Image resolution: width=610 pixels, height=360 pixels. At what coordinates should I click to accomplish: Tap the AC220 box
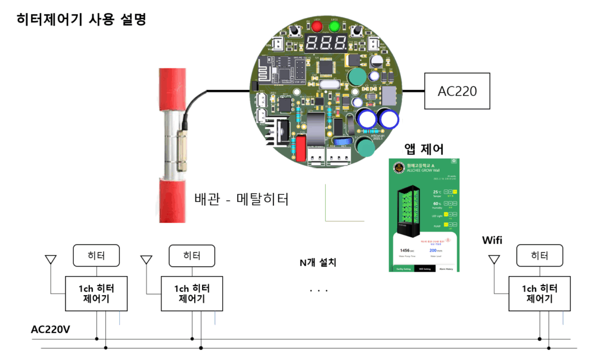click(457, 91)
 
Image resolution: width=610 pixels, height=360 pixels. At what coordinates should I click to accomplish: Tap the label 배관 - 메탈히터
click(241, 199)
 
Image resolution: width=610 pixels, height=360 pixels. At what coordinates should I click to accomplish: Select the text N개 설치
click(318, 262)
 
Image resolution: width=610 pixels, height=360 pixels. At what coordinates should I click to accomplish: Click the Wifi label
click(492, 240)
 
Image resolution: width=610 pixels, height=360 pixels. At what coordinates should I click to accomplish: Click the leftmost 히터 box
click(96, 256)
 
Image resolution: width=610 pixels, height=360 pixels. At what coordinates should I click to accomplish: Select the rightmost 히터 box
click(540, 256)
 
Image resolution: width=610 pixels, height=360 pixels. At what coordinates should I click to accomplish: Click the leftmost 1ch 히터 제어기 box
click(94, 293)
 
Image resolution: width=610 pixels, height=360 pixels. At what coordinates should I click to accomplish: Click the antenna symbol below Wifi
click(494, 260)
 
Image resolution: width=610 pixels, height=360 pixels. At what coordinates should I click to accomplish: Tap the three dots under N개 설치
click(319, 291)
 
